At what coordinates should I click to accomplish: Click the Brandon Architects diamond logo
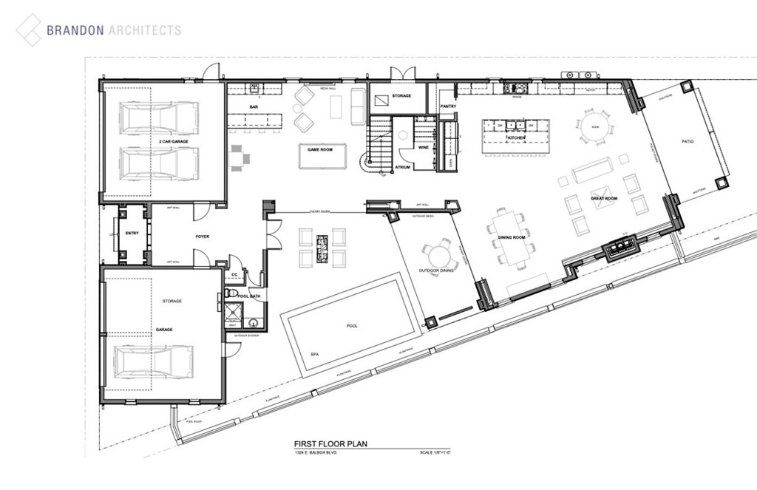click(29, 30)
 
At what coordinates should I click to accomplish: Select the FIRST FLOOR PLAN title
click(330, 444)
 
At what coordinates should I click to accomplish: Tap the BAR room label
click(254, 108)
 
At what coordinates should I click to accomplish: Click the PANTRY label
click(448, 106)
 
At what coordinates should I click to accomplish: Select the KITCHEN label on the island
click(516, 138)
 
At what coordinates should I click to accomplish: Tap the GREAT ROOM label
click(604, 199)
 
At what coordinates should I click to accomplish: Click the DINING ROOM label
click(512, 237)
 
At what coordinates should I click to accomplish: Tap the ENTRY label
click(132, 234)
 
